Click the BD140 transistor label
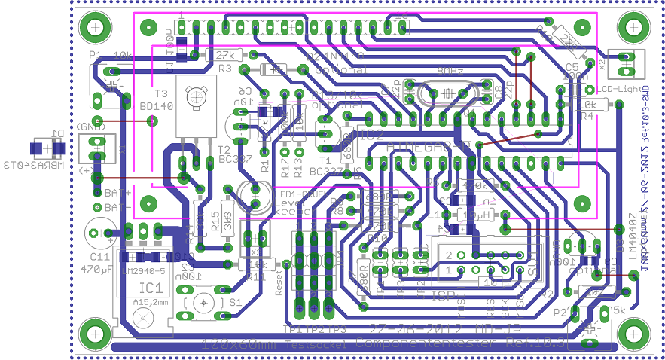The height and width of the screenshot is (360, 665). (x=157, y=106)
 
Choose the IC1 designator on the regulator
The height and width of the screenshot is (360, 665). (x=151, y=287)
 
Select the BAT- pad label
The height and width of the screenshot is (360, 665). (x=117, y=206)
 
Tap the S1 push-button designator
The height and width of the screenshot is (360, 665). (x=236, y=302)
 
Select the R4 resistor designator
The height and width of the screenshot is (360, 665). (x=587, y=117)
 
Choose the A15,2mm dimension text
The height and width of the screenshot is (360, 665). (x=151, y=302)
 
